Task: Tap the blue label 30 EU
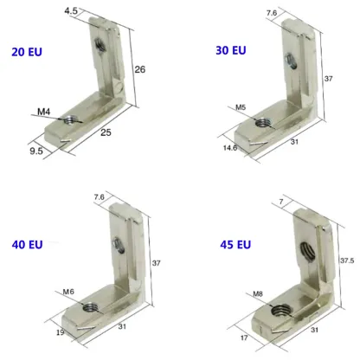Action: tap(230, 50)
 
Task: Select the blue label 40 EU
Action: tap(27, 244)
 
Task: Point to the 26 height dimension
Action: tap(141, 69)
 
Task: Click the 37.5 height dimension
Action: tap(346, 259)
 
